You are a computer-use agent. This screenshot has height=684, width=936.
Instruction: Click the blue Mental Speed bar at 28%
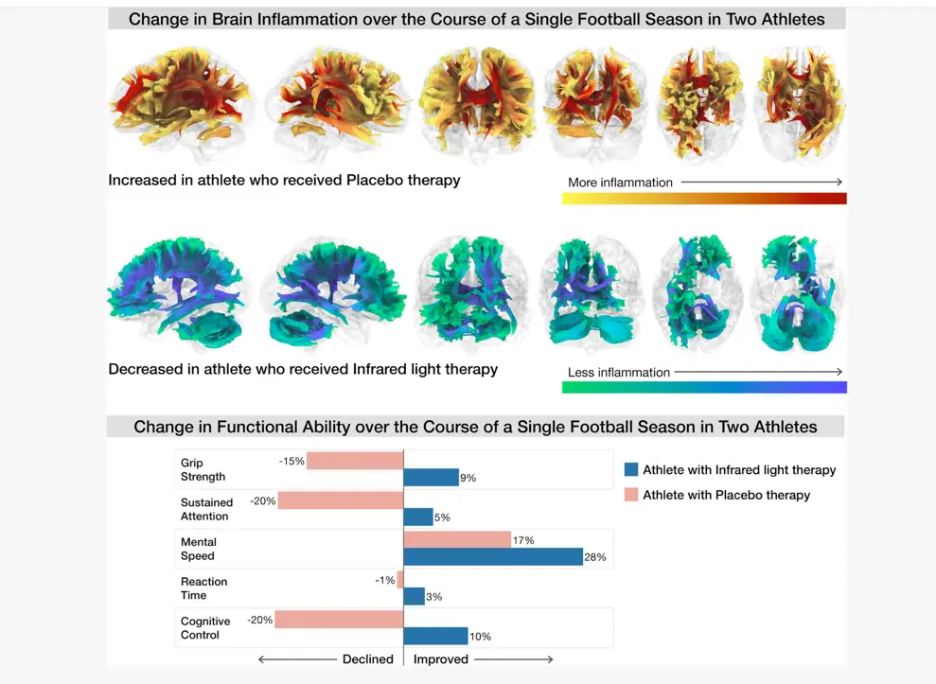pos(492,556)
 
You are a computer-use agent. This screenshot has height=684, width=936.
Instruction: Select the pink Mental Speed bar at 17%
pos(457,539)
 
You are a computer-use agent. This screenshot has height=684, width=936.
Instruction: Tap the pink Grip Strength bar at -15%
pos(355,461)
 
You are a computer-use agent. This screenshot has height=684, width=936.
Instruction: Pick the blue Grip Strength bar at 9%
pos(431,477)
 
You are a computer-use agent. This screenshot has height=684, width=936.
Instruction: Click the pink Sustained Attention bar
pos(341,500)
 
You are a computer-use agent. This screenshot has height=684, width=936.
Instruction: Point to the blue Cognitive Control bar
pos(435,636)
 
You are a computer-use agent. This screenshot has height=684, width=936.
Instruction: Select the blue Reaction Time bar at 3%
pos(414,596)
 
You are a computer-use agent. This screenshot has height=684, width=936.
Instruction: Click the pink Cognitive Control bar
pos(340,620)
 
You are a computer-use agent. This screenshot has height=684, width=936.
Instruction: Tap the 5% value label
pos(442,517)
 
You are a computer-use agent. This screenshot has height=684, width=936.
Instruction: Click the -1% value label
pos(384,580)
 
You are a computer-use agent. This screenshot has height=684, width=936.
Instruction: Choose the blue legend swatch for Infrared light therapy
pos(631,469)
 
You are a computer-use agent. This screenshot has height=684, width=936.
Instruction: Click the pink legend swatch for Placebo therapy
pos(631,494)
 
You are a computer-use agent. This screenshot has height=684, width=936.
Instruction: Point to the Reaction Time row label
pos(203,588)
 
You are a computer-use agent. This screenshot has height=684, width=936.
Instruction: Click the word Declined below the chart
pos(367,658)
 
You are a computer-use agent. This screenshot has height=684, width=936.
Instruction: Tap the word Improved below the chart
pos(440,658)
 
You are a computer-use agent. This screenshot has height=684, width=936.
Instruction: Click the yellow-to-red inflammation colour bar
pos(703,199)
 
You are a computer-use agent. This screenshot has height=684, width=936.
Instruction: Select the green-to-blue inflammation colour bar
pos(703,387)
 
